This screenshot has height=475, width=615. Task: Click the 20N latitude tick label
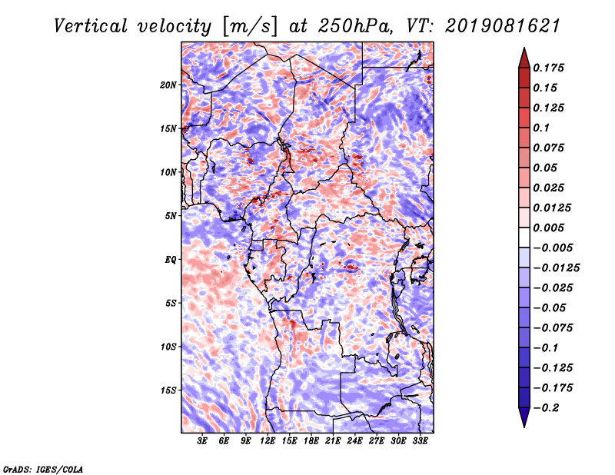click(x=168, y=85)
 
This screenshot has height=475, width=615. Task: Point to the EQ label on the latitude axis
click(x=170, y=260)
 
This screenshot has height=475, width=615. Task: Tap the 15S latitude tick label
click(x=168, y=390)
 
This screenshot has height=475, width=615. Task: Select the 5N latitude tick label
click(x=171, y=216)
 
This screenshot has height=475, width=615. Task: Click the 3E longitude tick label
click(x=202, y=440)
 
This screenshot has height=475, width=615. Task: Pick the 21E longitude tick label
click(x=333, y=440)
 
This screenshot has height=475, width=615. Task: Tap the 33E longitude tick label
click(x=420, y=440)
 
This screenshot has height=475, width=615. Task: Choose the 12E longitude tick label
click(x=268, y=440)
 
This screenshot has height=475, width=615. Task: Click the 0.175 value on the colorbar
click(x=549, y=68)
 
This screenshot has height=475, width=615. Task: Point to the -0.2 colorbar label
click(x=546, y=408)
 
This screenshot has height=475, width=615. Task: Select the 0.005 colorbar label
click(x=549, y=228)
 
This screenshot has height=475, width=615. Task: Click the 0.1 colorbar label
click(x=541, y=128)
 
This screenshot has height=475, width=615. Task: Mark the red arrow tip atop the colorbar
click(x=524, y=48)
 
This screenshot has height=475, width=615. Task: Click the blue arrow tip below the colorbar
click(x=524, y=427)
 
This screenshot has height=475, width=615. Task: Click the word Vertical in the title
click(x=91, y=26)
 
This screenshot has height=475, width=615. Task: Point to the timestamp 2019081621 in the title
click(x=503, y=26)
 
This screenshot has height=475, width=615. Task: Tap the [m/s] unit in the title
click(x=250, y=27)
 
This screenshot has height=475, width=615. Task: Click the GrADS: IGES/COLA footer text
click(x=43, y=469)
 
